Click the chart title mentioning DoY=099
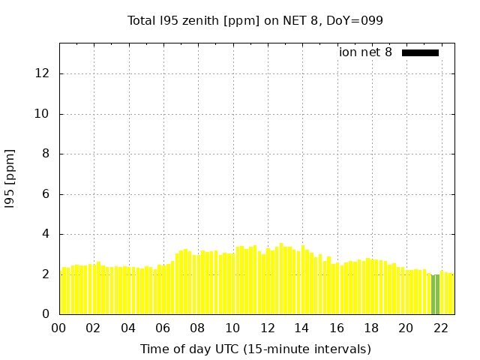[255, 20]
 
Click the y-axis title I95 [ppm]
[10, 178]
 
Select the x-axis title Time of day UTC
[255, 349]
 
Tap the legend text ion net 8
[365, 52]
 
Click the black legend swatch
[420, 52]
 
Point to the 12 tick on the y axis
[43, 73]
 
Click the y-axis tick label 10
[43, 114]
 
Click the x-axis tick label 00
[59, 328]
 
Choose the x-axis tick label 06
[163, 328]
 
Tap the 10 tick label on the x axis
[232, 328]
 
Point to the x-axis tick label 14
[301, 328]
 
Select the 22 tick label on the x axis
[440, 328]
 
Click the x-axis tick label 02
[94, 328]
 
